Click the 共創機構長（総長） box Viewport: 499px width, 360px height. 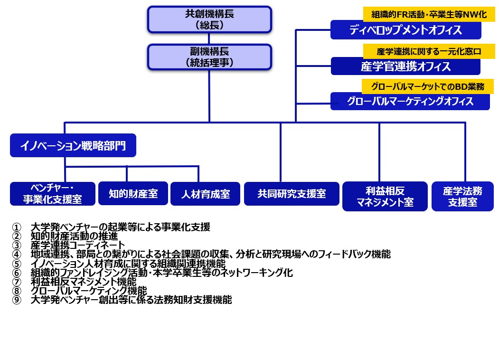pyautogui.click(x=209, y=19)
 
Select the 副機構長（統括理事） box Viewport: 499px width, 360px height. pyautogui.click(x=209, y=57)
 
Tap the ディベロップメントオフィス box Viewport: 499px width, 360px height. pyautogui.click(x=405, y=30)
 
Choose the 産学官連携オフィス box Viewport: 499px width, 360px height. pyautogui.click(x=405, y=66)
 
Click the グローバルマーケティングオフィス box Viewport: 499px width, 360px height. pyautogui.click(x=410, y=101)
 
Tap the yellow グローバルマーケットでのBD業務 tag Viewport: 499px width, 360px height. pyautogui.click(x=423, y=86)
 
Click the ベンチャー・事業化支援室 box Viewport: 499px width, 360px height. pyautogui.click(x=53, y=194)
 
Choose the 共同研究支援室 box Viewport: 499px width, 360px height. pyautogui.click(x=292, y=194)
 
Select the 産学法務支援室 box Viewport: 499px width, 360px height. pyautogui.click(x=462, y=196)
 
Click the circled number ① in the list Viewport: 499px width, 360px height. pyautogui.click(x=17, y=227)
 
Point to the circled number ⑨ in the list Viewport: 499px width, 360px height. pyautogui.click(x=17, y=300)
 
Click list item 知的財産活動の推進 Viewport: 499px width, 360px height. pyautogui.click(x=74, y=236)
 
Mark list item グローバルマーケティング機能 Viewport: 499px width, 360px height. pyautogui.click(x=88, y=291)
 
